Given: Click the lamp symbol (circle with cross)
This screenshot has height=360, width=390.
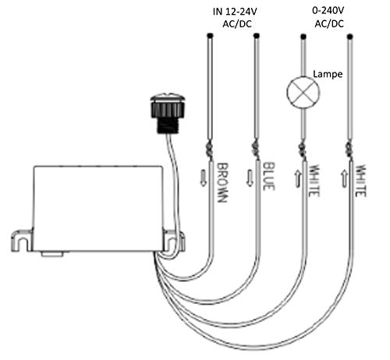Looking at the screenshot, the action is pos(303,92).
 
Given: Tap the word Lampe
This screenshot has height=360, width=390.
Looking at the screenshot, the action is pos(328,74).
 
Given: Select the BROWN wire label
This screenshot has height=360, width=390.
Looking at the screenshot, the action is pos(223,182).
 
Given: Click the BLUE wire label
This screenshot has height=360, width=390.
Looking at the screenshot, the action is pos(269,176).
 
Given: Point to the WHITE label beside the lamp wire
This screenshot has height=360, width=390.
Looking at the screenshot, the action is pos(314,181).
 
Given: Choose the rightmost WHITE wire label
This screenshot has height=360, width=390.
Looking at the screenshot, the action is pos(360,181).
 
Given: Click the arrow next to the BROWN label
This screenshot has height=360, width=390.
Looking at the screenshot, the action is pos(204,178).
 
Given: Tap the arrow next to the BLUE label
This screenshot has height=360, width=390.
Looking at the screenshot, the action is pos(250,178).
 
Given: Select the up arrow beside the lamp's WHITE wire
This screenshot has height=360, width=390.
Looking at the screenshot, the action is pos(297,178).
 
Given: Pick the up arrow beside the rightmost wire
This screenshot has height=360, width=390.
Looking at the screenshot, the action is pos(344,178).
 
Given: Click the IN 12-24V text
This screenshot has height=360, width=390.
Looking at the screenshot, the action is pos(235,12).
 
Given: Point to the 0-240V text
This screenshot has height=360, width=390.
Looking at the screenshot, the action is pos(328,11).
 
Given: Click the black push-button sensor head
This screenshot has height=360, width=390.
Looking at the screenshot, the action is pos(168,113).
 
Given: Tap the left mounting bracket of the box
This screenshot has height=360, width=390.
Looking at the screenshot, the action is pos(22,241).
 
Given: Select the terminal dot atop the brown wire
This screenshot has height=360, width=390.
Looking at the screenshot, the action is pos(211,35).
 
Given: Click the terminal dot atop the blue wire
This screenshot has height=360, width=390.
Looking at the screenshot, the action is pos(257,35).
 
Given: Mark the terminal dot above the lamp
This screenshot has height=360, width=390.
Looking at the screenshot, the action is pos(303,37).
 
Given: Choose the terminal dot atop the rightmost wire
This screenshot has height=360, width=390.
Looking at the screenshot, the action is pos(349,37).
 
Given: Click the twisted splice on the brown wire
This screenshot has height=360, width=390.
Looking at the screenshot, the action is pos(210,150).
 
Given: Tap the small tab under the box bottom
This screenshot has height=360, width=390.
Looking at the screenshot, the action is pos(52,253).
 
